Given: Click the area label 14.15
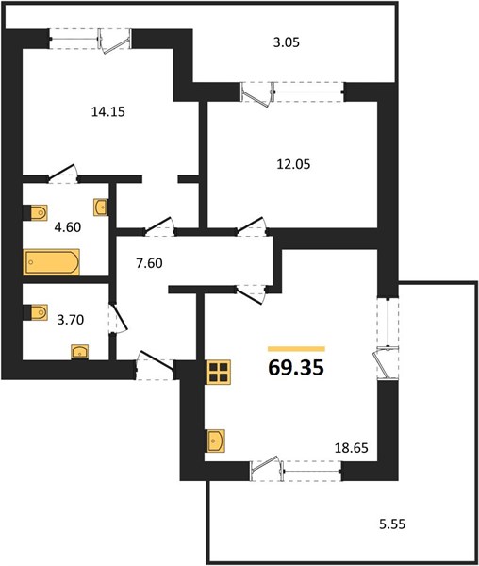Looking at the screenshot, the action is point(108,112).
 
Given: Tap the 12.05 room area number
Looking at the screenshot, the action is point(293,164).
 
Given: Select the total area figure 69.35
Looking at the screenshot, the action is point(296,368).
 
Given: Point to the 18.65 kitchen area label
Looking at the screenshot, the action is point(352,448).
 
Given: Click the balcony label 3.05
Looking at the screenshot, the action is point(287,42).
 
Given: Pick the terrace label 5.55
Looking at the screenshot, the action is point(392,524).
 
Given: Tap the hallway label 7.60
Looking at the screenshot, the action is point(149,263).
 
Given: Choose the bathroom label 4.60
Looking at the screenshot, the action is point(68,227).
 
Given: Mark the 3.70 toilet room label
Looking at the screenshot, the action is point(71,320).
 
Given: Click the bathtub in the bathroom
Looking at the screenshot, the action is point(52,262).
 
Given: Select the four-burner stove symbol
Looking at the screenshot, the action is point(219,373).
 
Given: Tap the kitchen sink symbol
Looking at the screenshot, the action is point(215,441).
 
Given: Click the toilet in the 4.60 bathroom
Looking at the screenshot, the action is point(36,212).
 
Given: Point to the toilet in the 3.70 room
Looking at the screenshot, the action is point(36,312).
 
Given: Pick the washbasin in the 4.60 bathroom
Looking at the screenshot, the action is point(100,208).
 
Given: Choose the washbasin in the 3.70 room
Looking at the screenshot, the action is point(80,352).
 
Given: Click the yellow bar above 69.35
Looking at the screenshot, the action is point(296,349).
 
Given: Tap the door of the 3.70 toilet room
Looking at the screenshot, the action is point(119,319).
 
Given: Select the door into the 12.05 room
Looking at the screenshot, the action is point(252,226).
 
